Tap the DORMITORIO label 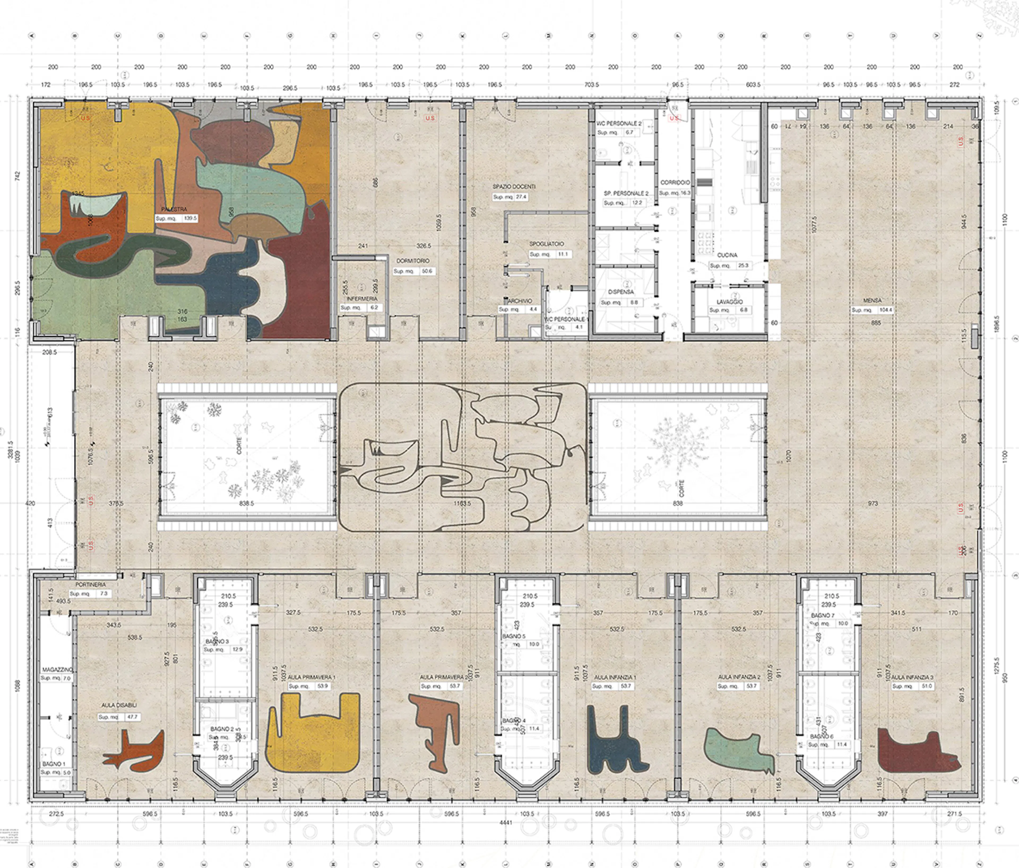413,261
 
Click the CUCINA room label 727,255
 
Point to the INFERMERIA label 362,299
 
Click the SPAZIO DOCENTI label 514,187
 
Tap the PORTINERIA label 90,585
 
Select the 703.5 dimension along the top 591,85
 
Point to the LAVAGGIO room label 729,301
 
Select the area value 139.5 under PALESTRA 190,218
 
